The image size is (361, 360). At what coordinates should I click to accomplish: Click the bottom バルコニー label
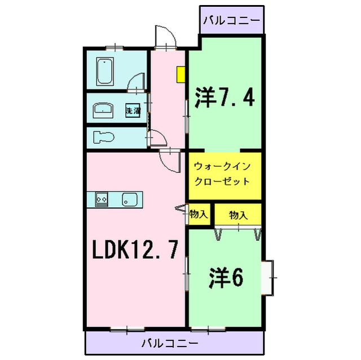(x=169, y=342)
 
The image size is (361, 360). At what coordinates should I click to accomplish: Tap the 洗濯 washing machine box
(x=133, y=110)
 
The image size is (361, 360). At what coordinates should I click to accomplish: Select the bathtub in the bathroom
(x=105, y=71)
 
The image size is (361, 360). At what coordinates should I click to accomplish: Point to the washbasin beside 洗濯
(x=103, y=110)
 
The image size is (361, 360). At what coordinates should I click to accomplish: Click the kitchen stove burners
(x=102, y=198)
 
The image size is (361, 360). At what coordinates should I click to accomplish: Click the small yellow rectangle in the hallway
(x=180, y=75)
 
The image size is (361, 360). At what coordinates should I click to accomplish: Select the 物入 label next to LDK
(x=197, y=214)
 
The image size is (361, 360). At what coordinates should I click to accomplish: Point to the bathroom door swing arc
(x=137, y=83)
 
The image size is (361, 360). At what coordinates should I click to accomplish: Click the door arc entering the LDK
(x=168, y=161)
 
